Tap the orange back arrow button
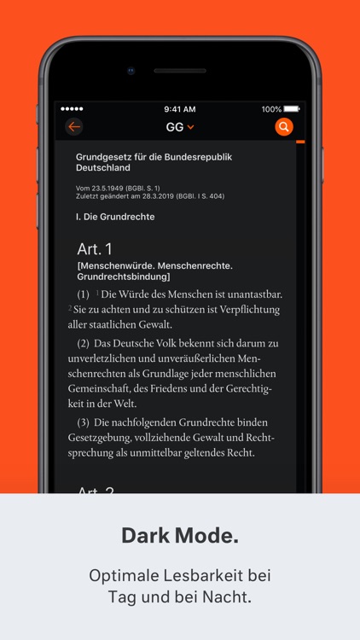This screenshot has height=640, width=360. coord(74,127)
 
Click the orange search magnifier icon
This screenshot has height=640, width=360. coord(284,127)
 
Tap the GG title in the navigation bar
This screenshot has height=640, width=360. coord(175,127)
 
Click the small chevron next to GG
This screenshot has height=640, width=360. coord(191,127)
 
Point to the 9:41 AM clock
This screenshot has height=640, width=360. coord(179,109)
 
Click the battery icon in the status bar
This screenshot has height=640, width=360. coord(292,109)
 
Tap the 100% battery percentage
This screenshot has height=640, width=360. coord(271,109)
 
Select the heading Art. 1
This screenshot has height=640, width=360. coord(95,249)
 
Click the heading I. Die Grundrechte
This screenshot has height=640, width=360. coord(115,217)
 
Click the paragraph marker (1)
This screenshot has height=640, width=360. coord(84,294)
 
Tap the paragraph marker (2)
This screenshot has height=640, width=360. coord(84,343)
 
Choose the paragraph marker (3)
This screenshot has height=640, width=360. coord(84,422)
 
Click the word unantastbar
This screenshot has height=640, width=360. coord(253,294)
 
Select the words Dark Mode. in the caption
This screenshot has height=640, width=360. coord(180,536)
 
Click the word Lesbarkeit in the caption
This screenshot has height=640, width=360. coord(197,575)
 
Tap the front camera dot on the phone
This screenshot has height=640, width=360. coord(131,71)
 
